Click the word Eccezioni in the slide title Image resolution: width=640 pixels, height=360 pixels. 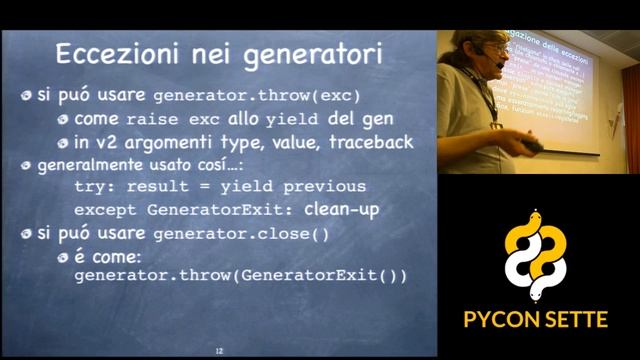point(115,53)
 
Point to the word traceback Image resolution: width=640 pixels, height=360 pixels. point(370,142)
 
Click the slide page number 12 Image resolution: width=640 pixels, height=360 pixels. point(219,351)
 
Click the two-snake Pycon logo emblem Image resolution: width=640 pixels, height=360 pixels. point(537,256)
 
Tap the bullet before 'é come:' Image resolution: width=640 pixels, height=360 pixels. point(62,257)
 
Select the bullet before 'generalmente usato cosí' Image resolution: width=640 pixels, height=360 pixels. point(27,165)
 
